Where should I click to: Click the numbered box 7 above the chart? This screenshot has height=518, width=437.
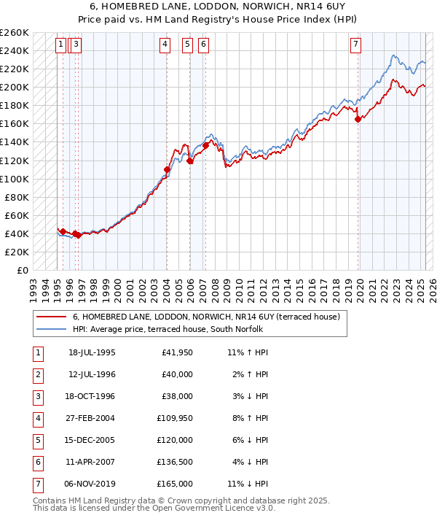coord(355,45)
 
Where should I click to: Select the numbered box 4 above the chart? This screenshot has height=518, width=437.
coord(166,45)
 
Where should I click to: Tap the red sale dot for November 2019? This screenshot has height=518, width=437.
coord(358,119)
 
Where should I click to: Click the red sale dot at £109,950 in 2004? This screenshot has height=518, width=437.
coord(167,169)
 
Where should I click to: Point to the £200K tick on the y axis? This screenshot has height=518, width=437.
coord(15,87)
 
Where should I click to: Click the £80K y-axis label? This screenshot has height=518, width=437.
coord(17,197)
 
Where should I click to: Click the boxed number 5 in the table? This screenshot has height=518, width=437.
coord(37,440)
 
